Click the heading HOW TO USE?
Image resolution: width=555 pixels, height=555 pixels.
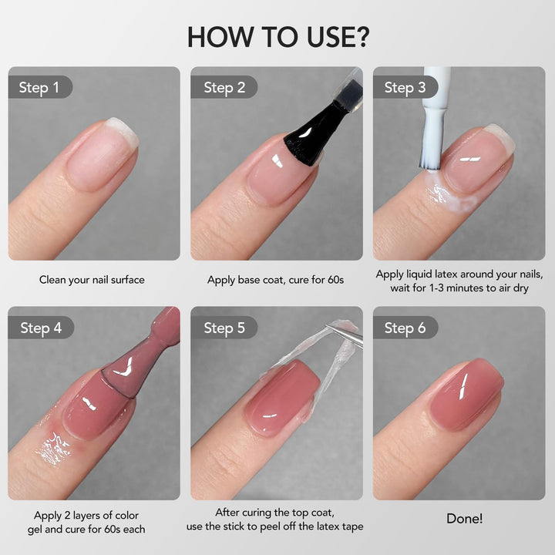click(x=277, y=37)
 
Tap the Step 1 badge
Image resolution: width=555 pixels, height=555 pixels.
click(x=39, y=87)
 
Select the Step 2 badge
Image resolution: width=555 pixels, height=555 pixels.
click(x=224, y=87)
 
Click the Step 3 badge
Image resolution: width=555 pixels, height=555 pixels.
click(x=405, y=87)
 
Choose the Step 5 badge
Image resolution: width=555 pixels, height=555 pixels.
click(x=224, y=328)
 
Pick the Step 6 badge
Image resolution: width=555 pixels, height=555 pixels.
click(x=405, y=328)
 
